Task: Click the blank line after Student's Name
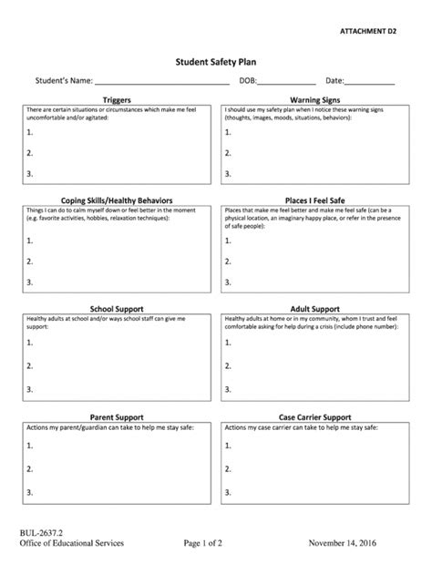(x=162, y=82)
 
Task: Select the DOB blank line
(x=287, y=82)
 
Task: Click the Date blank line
(x=370, y=82)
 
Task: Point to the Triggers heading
(x=117, y=98)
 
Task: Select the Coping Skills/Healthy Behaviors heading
(x=118, y=200)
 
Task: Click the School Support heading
(x=117, y=308)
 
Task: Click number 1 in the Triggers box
(x=30, y=131)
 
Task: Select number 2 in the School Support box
(x=30, y=364)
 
